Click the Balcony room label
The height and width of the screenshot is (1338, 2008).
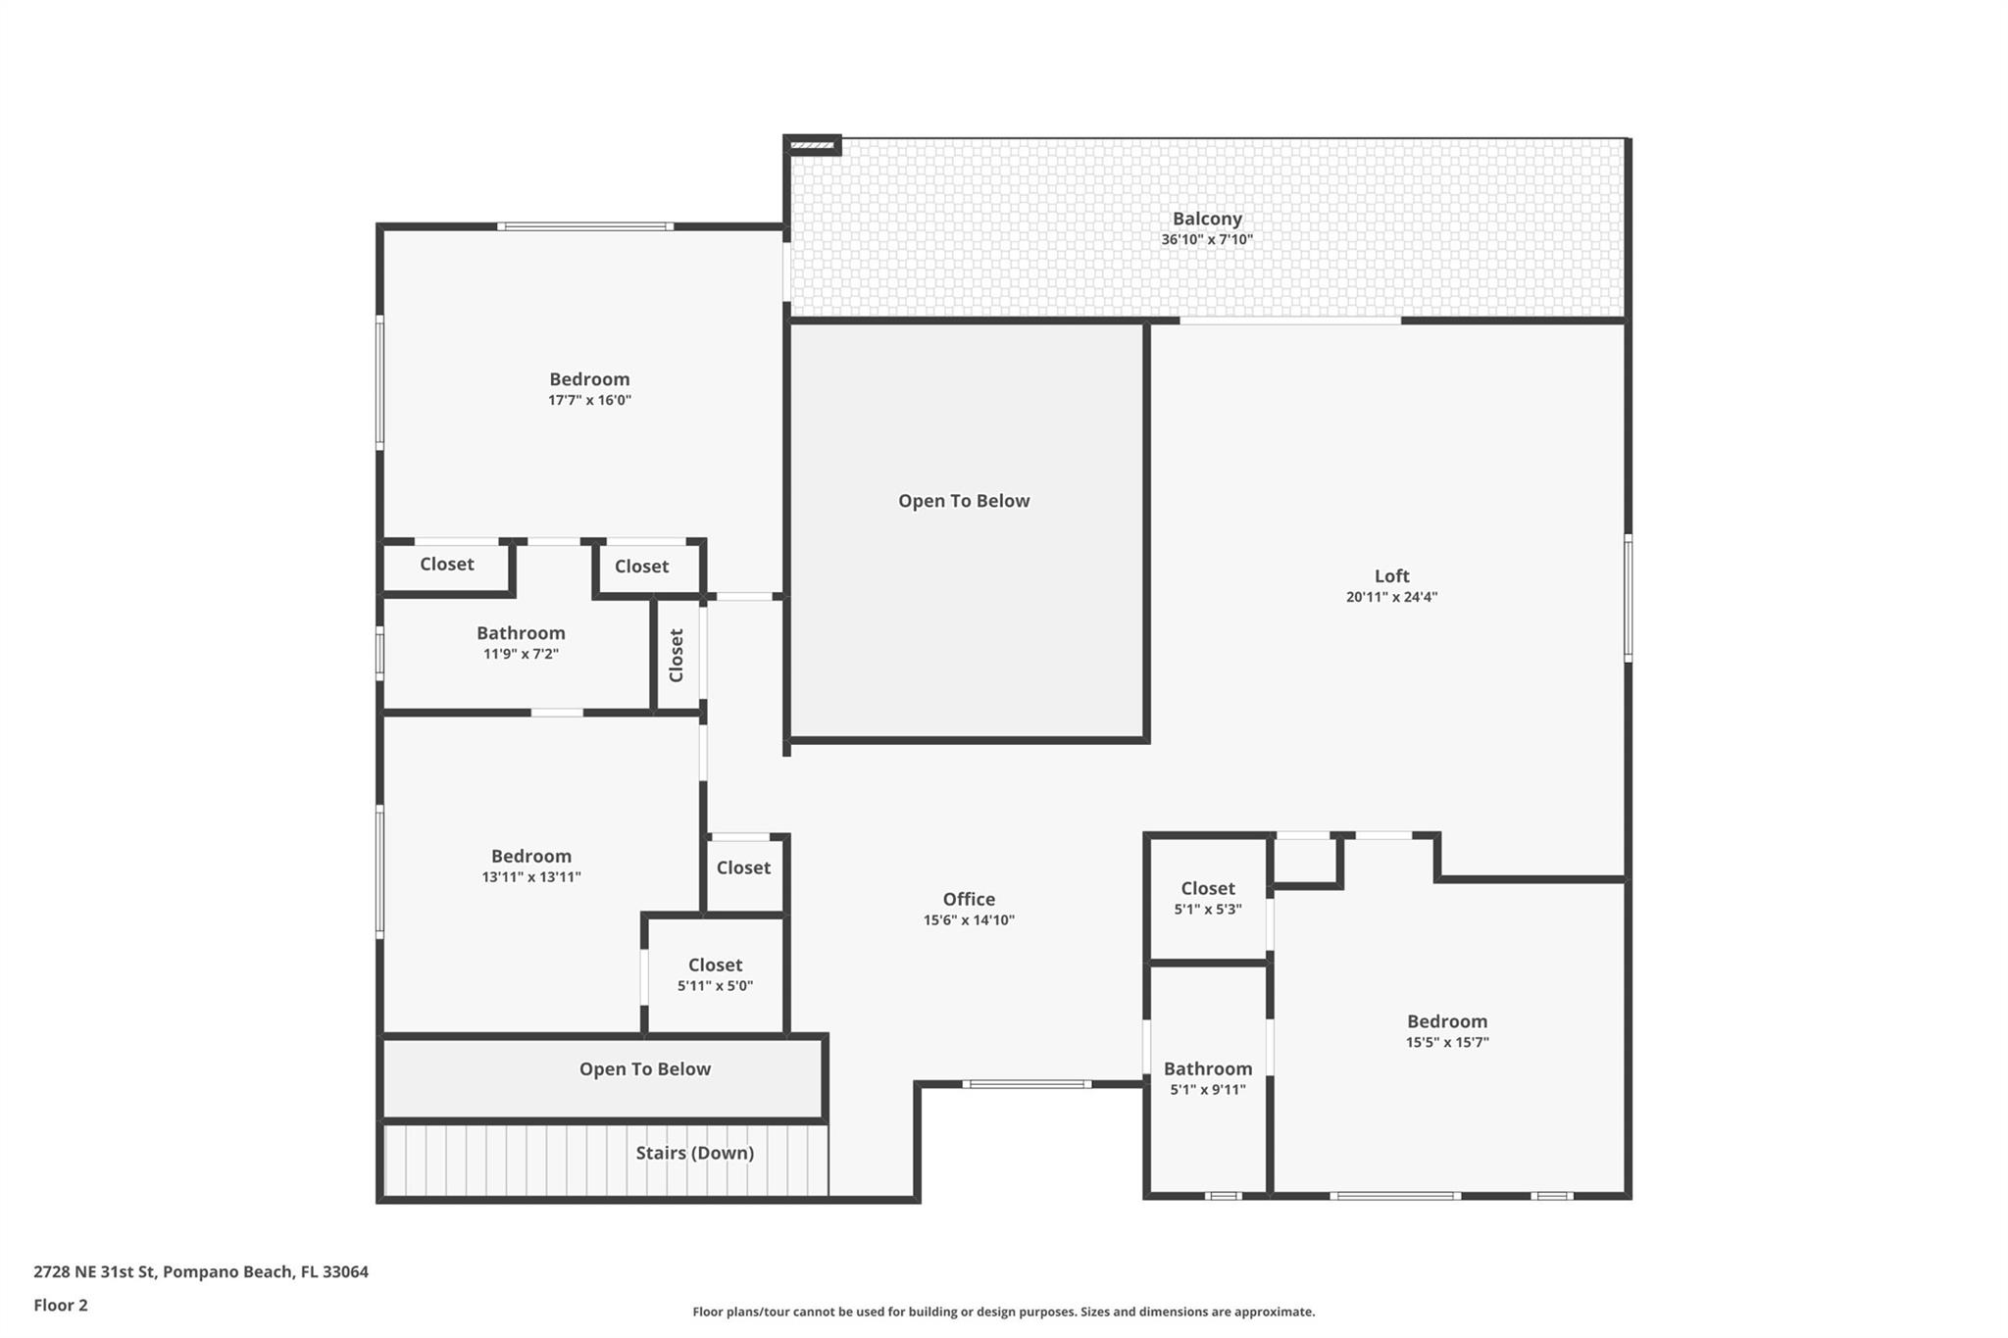pyautogui.click(x=1207, y=219)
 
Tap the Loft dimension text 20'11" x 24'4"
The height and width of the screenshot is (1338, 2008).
pyautogui.click(x=1391, y=597)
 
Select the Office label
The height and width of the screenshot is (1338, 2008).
pyautogui.click(x=969, y=899)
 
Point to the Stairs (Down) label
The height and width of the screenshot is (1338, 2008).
pyautogui.click(x=694, y=1153)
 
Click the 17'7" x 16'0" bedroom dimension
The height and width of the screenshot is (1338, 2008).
pyautogui.click(x=589, y=400)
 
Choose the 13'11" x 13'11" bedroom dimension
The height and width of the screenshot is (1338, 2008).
pyautogui.click(x=530, y=877)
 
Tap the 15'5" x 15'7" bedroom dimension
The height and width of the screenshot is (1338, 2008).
pyautogui.click(x=1446, y=1042)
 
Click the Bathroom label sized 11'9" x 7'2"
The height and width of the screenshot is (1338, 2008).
pyautogui.click(x=521, y=633)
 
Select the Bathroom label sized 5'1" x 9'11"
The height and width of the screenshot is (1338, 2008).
pyautogui.click(x=1207, y=1068)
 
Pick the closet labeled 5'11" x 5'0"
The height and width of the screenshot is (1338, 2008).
pyautogui.click(x=715, y=965)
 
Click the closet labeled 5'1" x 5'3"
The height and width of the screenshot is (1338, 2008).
pyautogui.click(x=1207, y=888)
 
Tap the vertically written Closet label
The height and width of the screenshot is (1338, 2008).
pyautogui.click(x=677, y=655)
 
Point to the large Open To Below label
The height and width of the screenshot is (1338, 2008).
pyautogui.click(x=964, y=501)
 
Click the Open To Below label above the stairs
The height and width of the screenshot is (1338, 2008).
pyautogui.click(x=644, y=1068)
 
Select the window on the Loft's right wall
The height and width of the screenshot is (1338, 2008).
pyautogui.click(x=1628, y=597)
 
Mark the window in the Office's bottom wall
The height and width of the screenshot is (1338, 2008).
pyautogui.click(x=1026, y=1084)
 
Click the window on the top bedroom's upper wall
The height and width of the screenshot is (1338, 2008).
pyautogui.click(x=585, y=226)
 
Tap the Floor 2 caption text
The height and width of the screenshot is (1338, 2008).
pyautogui.click(x=61, y=1305)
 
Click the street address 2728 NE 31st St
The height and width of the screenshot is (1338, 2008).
pyautogui.click(x=95, y=1271)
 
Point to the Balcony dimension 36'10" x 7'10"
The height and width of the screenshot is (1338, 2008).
pyautogui.click(x=1207, y=239)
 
